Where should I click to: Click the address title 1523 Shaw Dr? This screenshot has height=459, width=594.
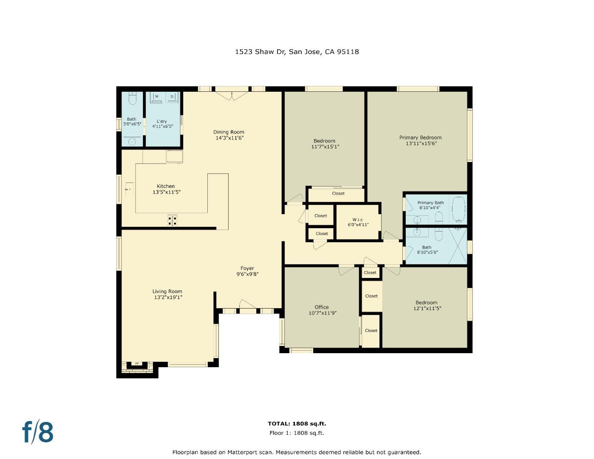coord(297,52)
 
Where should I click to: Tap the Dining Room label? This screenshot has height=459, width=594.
coord(229,132)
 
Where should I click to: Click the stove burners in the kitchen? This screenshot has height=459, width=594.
coord(172,220)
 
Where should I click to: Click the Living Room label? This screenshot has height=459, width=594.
coord(167,292)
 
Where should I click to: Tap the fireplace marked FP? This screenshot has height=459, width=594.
coord(137,364)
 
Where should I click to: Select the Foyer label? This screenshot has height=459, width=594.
coord(247,268)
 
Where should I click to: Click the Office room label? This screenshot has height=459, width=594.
coord(322,307)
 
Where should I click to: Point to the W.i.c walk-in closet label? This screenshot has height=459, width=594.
coord(357,220)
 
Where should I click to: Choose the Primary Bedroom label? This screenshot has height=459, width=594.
coord(420,138)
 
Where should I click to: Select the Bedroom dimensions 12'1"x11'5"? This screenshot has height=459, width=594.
coord(427,309)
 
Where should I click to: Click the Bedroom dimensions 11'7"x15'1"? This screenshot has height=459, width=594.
coord(325,147)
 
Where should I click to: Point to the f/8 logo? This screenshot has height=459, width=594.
coord(38,432)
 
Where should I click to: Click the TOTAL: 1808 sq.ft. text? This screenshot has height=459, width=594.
coord(297,424)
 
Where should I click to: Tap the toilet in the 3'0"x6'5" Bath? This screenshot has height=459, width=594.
coord(132,99)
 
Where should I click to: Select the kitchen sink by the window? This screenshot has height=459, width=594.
coord(129,189)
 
